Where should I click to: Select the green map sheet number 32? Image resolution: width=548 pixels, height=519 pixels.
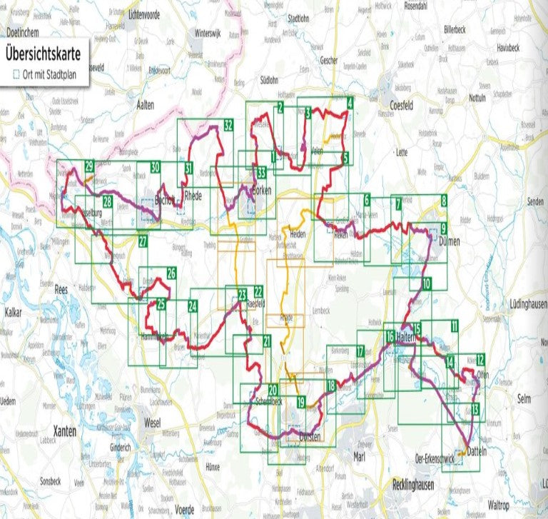point(228,125)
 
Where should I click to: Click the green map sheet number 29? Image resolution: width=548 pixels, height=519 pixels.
point(89,166)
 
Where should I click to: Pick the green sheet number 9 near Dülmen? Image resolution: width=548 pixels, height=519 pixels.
point(443,228)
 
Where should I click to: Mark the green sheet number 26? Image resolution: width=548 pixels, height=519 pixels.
point(171,272)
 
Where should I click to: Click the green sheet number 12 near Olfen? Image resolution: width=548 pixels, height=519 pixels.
point(481,359)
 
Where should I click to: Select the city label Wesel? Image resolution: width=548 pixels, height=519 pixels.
point(152,422)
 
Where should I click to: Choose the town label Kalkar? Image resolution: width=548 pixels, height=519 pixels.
point(14,313)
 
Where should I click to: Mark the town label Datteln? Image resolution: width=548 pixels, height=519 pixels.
point(476,451)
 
